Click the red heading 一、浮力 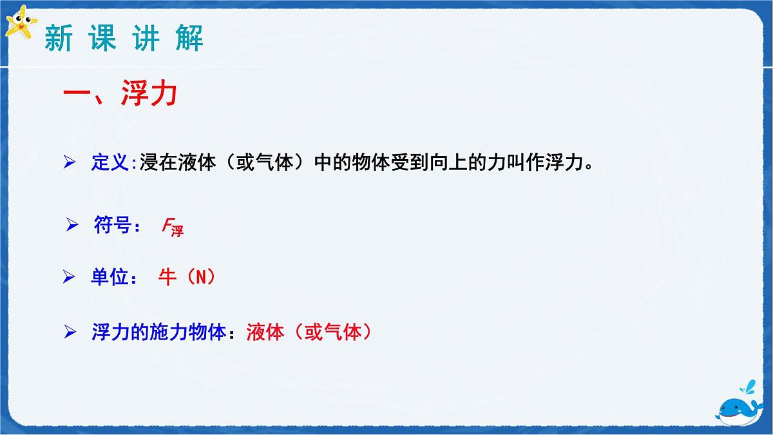point(120,97)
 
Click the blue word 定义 point(110,162)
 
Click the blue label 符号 point(111,226)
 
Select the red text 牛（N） point(187,278)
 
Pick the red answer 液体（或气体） point(310,333)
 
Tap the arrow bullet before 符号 point(72,226)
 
